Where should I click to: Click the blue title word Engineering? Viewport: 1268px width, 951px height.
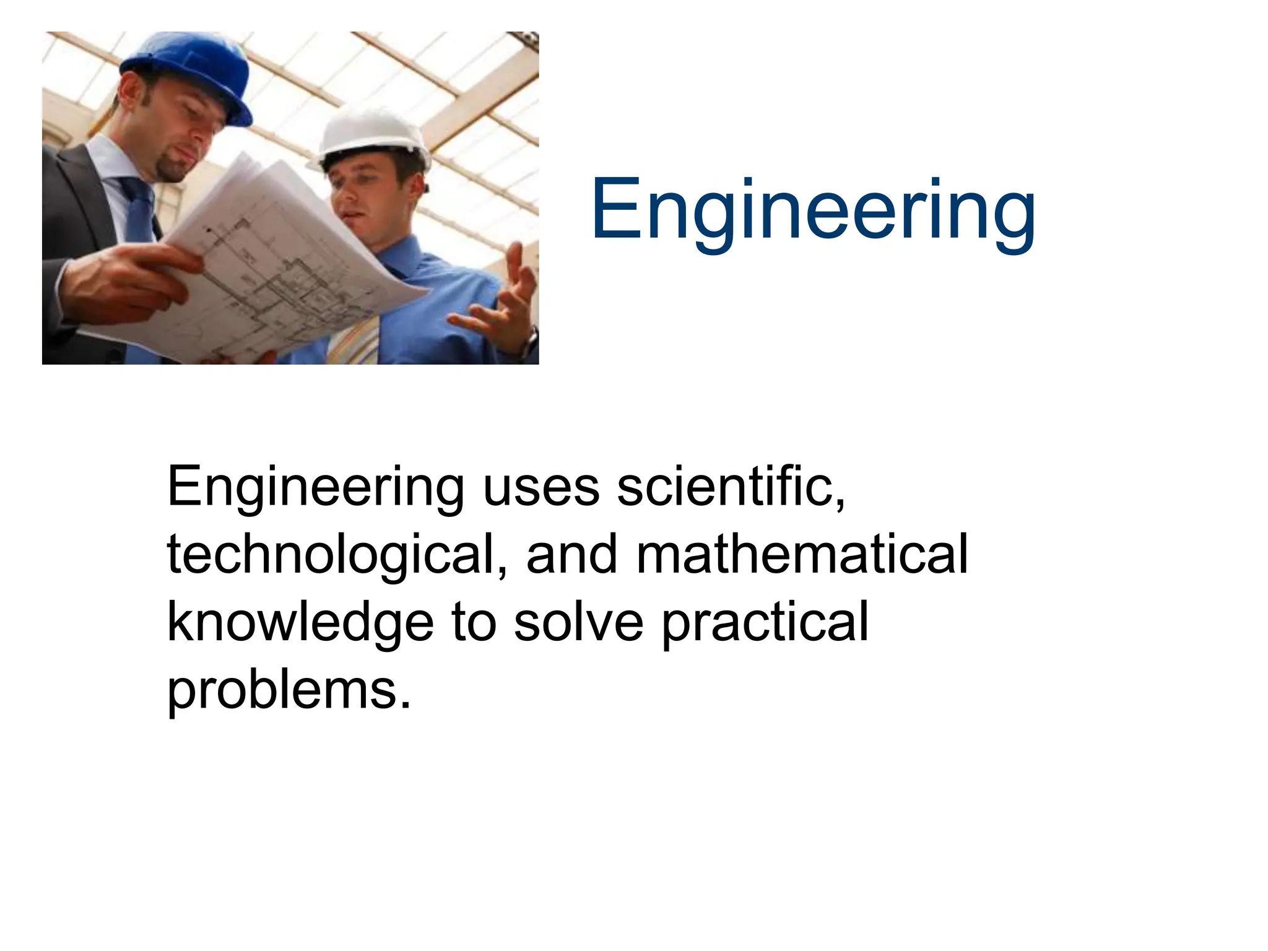(x=813, y=211)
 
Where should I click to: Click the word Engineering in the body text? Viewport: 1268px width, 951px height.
(x=315, y=488)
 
